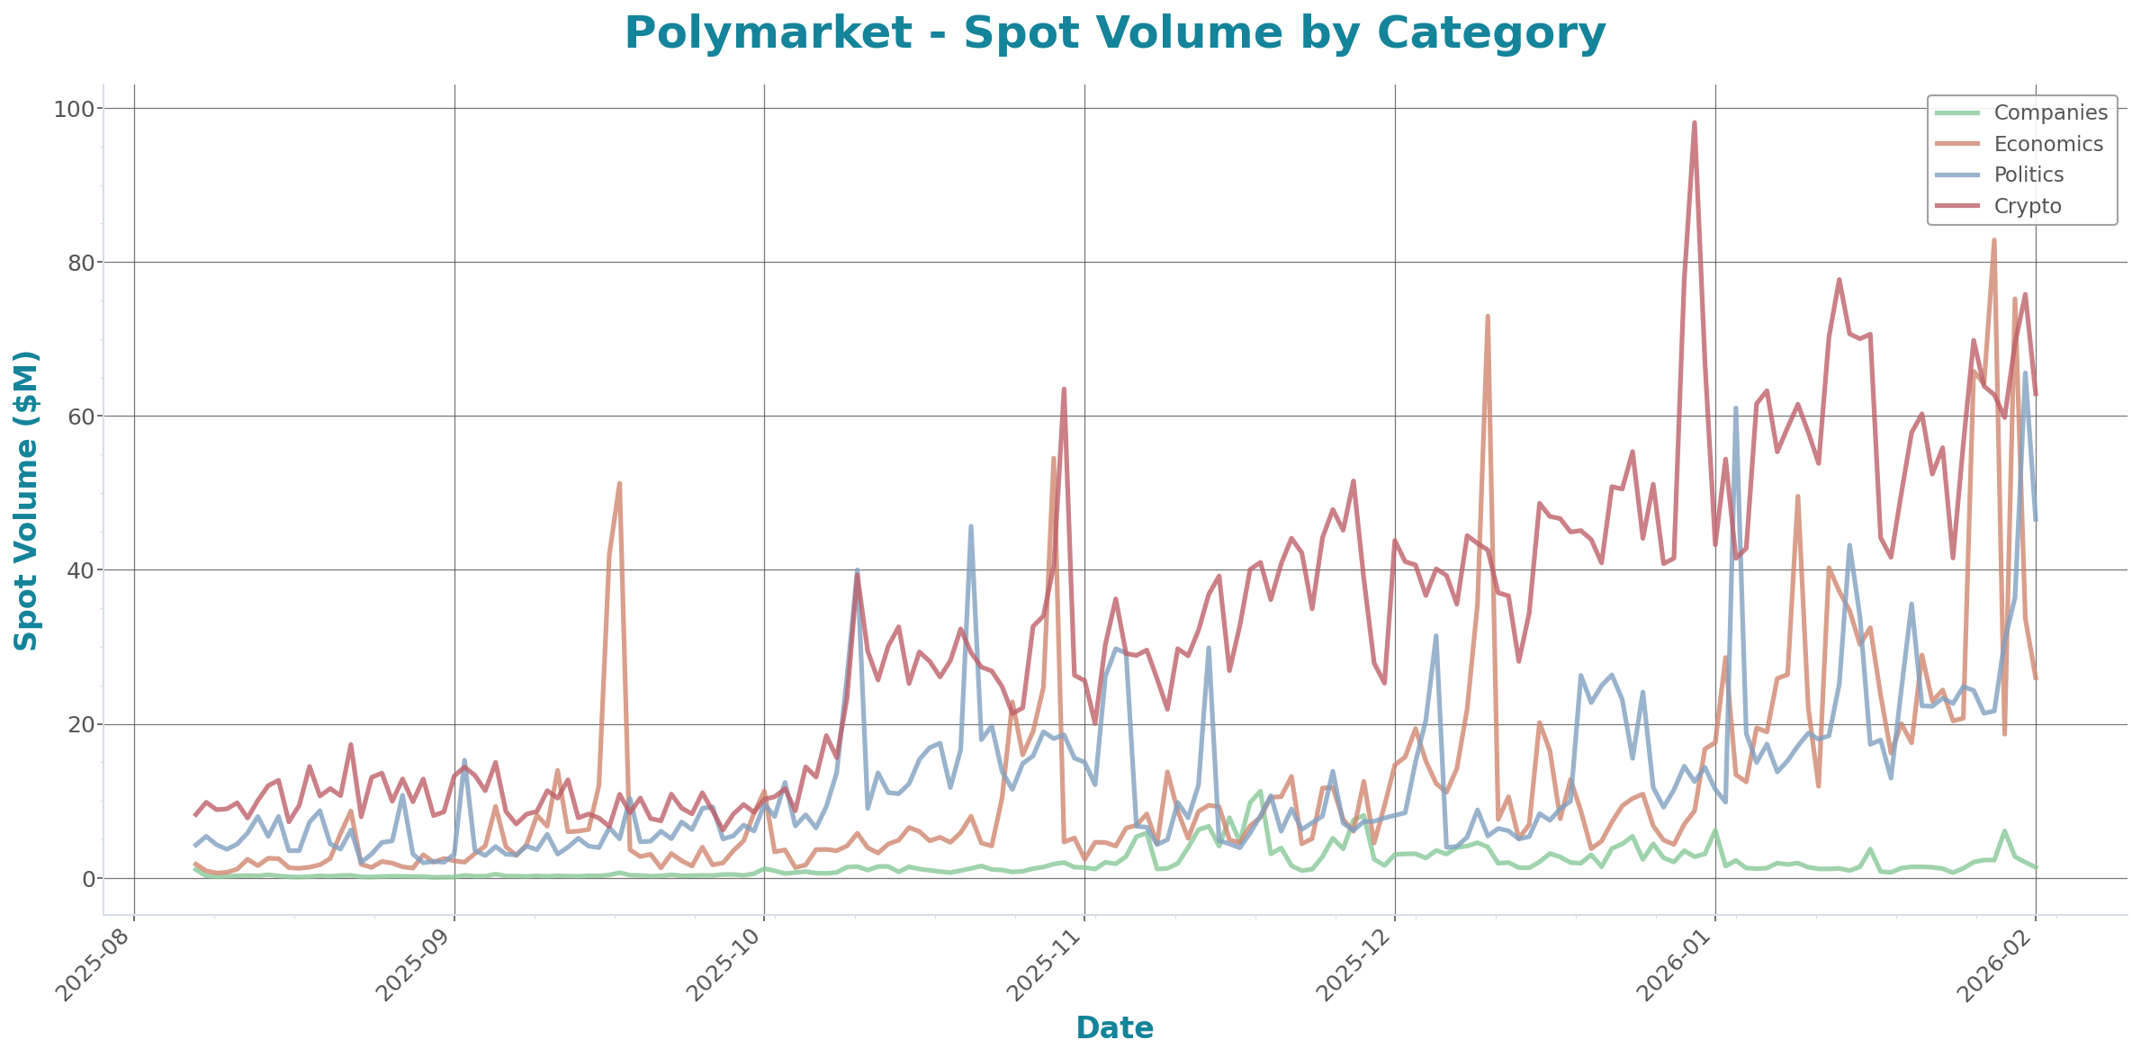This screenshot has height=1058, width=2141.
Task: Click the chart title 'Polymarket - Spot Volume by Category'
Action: tap(1115, 34)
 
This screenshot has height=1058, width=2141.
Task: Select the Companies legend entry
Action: tap(2050, 112)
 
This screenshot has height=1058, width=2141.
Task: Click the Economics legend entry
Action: tap(2048, 144)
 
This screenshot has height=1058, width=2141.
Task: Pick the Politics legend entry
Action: tap(2029, 175)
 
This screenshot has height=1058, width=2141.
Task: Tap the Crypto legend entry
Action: tap(2027, 206)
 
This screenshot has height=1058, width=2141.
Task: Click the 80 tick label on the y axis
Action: tap(78, 263)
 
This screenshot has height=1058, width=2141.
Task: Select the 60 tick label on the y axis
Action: tap(78, 417)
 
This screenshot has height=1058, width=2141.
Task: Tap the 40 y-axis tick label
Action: tap(78, 570)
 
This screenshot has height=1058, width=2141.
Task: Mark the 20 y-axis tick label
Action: tap(78, 724)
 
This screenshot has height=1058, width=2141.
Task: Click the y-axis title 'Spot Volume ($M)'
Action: tap(27, 500)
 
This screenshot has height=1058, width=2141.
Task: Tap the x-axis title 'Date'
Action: tap(1115, 1027)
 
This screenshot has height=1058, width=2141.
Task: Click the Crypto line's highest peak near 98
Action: tap(1695, 122)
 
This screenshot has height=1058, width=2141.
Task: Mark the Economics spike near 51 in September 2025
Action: tap(619, 484)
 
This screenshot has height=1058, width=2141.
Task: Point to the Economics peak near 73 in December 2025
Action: tap(1488, 316)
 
